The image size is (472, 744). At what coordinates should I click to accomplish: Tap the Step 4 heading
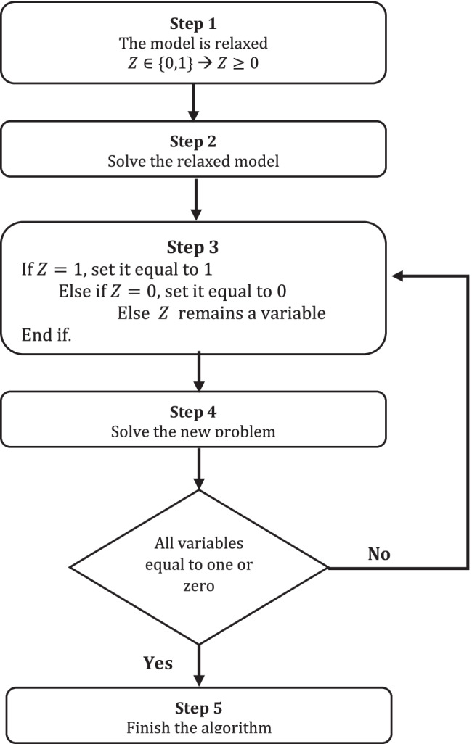click(194, 413)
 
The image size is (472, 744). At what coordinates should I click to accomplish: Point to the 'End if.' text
click(42, 337)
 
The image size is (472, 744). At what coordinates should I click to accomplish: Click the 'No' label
click(379, 554)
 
